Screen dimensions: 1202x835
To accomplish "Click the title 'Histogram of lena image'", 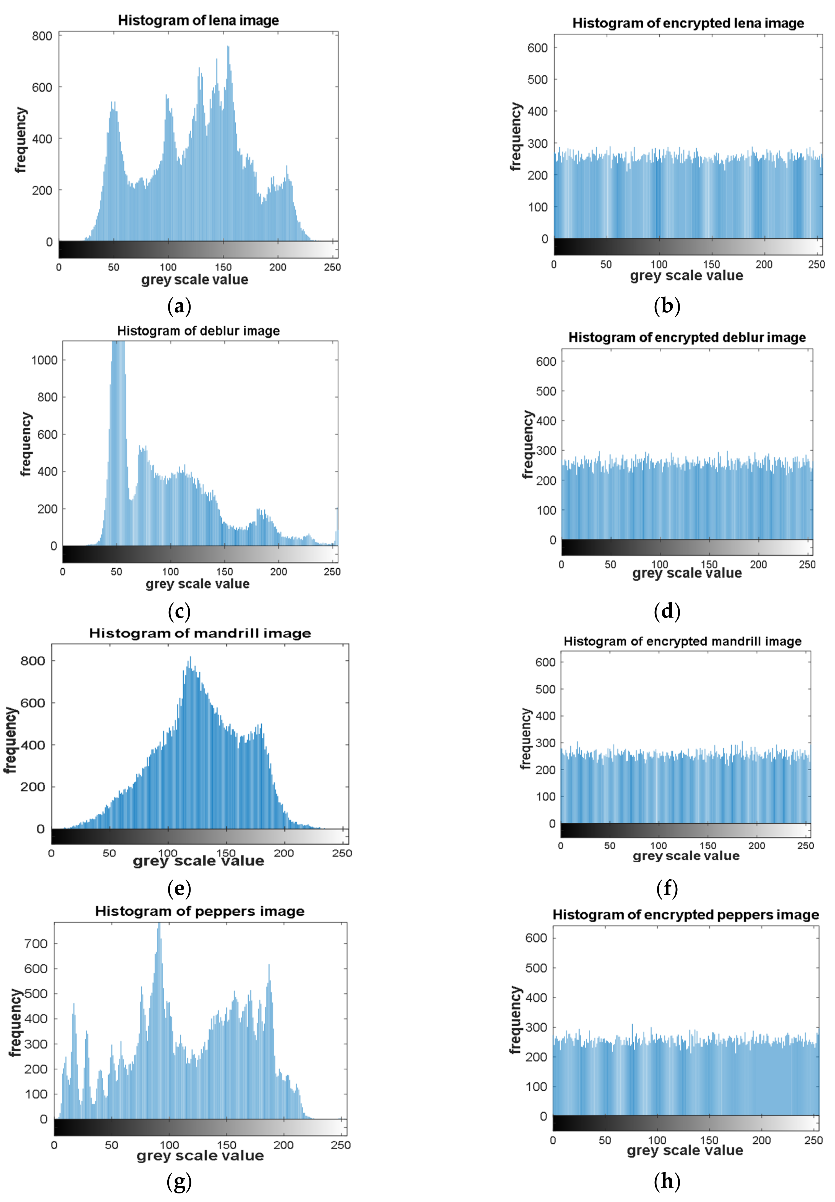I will [198, 20].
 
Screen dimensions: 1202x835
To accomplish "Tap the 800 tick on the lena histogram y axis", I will [42, 36].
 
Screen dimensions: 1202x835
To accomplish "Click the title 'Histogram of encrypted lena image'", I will [688, 23].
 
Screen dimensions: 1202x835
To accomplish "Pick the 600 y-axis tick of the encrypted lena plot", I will [537, 48].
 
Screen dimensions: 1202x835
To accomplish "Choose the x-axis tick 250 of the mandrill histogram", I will [342, 853].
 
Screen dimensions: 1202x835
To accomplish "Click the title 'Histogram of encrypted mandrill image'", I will [682, 641].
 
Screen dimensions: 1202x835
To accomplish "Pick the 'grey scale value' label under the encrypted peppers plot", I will [685, 1150].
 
